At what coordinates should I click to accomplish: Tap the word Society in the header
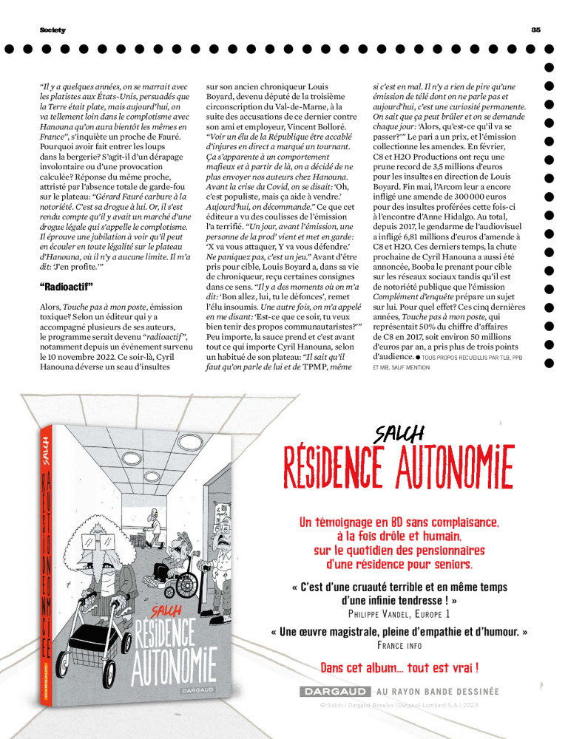point(53,30)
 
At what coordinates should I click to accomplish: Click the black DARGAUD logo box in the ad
point(334,692)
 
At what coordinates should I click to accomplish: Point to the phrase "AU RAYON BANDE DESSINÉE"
point(438,692)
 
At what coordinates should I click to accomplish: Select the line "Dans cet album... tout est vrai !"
point(399,668)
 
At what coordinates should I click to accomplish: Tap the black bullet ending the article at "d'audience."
point(418,356)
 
